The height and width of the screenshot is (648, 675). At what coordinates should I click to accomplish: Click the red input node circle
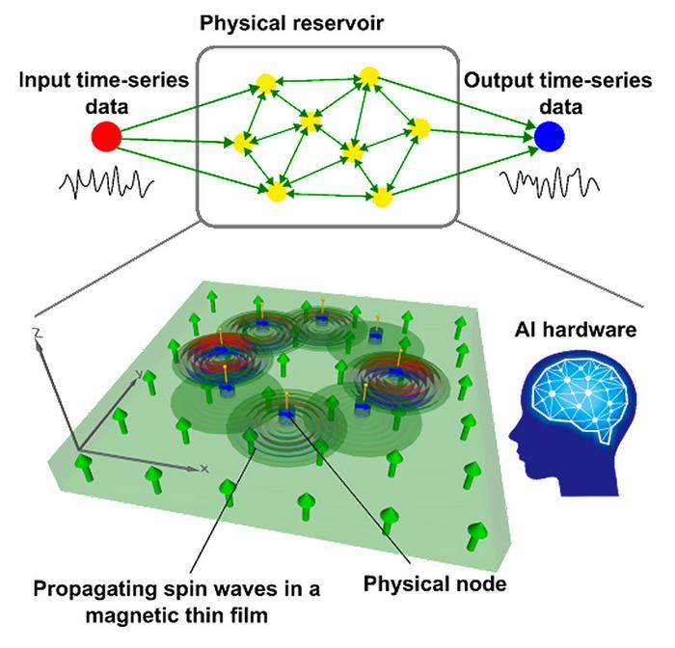pyautogui.click(x=105, y=138)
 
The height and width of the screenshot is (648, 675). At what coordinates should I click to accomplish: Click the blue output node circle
pyautogui.click(x=552, y=137)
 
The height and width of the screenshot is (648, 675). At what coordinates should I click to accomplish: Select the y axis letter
pyautogui.click(x=140, y=372)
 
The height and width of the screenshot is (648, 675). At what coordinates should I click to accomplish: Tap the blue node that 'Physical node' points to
pyautogui.click(x=286, y=414)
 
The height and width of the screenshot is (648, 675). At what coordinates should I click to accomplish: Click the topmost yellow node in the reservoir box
pyautogui.click(x=368, y=75)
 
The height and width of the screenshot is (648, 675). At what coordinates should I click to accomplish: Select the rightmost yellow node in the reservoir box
pyautogui.click(x=418, y=127)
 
